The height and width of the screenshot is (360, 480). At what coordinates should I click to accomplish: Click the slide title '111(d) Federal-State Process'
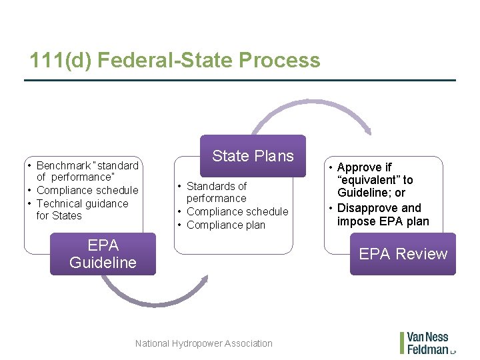175,61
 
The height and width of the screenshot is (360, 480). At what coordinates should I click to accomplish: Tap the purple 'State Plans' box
253,156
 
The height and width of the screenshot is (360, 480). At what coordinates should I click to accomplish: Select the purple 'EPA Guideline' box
103,254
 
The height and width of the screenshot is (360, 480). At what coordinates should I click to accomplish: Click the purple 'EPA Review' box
403,254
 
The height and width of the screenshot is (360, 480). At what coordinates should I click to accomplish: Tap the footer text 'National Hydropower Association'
203,343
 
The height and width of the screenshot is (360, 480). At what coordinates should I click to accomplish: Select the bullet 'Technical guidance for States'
81,209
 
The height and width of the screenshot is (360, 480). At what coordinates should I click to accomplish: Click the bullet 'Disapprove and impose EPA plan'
383,215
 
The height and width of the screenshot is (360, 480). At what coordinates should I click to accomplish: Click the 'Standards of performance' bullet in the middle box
216,192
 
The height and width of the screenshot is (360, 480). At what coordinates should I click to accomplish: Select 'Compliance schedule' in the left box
87,190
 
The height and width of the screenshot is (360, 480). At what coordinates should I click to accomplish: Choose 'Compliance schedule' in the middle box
237,211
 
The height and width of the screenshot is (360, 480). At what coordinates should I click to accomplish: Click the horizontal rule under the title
240,81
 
